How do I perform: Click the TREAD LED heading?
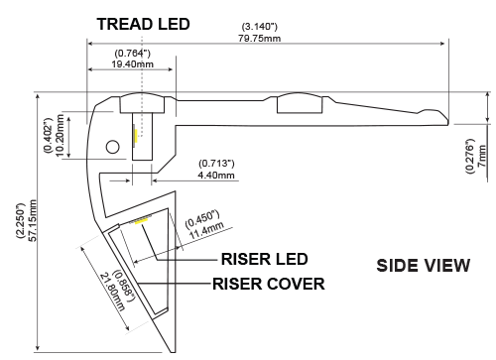(x=143, y=24)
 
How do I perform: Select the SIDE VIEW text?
(x=424, y=266)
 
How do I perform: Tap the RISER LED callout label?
(x=264, y=259)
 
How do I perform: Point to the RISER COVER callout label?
(x=268, y=284)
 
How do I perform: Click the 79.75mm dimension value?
(x=260, y=39)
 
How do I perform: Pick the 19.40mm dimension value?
(x=132, y=64)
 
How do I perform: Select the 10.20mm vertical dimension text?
(x=60, y=135)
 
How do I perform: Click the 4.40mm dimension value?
(x=216, y=175)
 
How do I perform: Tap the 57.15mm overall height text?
(x=33, y=220)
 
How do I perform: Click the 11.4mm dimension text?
(x=206, y=230)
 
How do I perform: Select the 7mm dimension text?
(x=482, y=156)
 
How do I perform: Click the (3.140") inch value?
(x=260, y=27)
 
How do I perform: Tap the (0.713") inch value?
(x=216, y=164)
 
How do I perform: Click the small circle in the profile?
(x=112, y=147)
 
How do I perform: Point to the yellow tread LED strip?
(x=136, y=136)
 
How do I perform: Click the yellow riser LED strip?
(x=142, y=221)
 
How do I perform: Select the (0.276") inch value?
(x=470, y=156)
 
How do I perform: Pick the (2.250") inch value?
(x=21, y=220)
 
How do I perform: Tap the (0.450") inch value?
(x=202, y=219)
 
